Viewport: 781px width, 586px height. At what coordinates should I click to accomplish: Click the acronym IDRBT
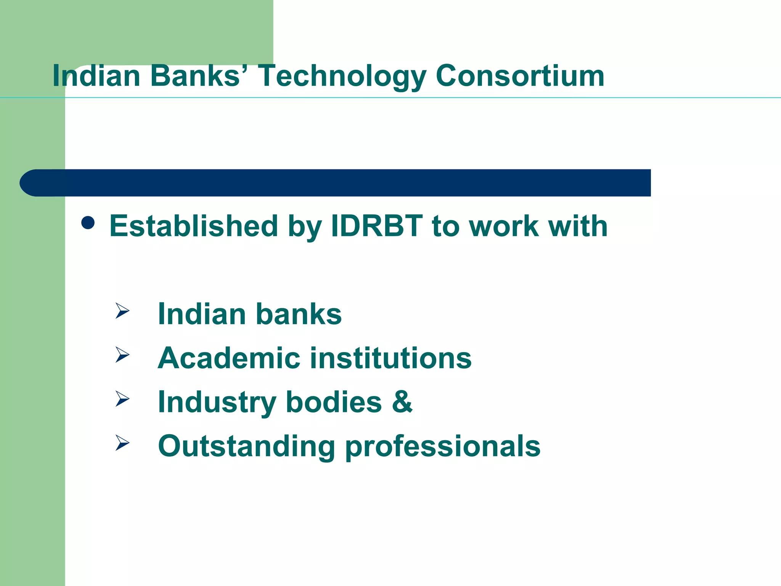(377, 226)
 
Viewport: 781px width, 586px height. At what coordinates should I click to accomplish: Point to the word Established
(193, 226)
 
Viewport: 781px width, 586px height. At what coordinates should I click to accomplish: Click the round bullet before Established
(88, 223)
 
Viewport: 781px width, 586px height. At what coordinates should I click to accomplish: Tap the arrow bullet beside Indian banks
(122, 311)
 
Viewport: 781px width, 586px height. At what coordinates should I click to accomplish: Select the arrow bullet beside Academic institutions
(122, 355)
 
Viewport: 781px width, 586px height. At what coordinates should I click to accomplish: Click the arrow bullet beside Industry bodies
(122, 399)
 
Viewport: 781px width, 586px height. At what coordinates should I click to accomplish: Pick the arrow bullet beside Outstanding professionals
(122, 443)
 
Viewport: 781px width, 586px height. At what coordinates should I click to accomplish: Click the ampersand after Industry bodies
(402, 402)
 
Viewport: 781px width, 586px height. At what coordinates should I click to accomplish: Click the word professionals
(443, 447)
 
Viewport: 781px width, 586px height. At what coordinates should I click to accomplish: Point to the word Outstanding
(246, 447)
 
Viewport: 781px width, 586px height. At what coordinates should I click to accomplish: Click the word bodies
(334, 402)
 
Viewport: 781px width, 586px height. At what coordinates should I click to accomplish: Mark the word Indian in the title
(96, 76)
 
